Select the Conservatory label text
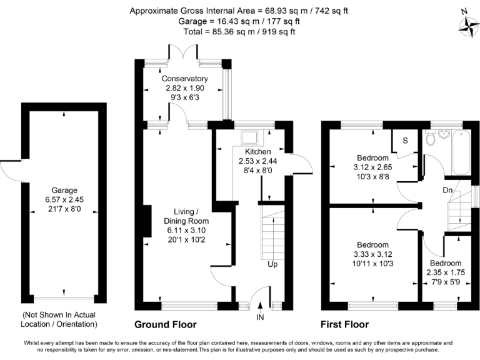click(184, 79)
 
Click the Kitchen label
click(257, 152)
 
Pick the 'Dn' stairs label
click(447, 189)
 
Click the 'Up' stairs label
click(272, 264)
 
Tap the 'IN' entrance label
click(261, 317)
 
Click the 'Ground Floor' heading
click(166, 325)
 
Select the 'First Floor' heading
click(344, 325)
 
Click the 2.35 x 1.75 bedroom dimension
click(444, 272)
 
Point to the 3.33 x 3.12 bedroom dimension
click(373, 254)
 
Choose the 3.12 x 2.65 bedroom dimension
click(373, 167)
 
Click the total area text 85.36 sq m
click(239, 31)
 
